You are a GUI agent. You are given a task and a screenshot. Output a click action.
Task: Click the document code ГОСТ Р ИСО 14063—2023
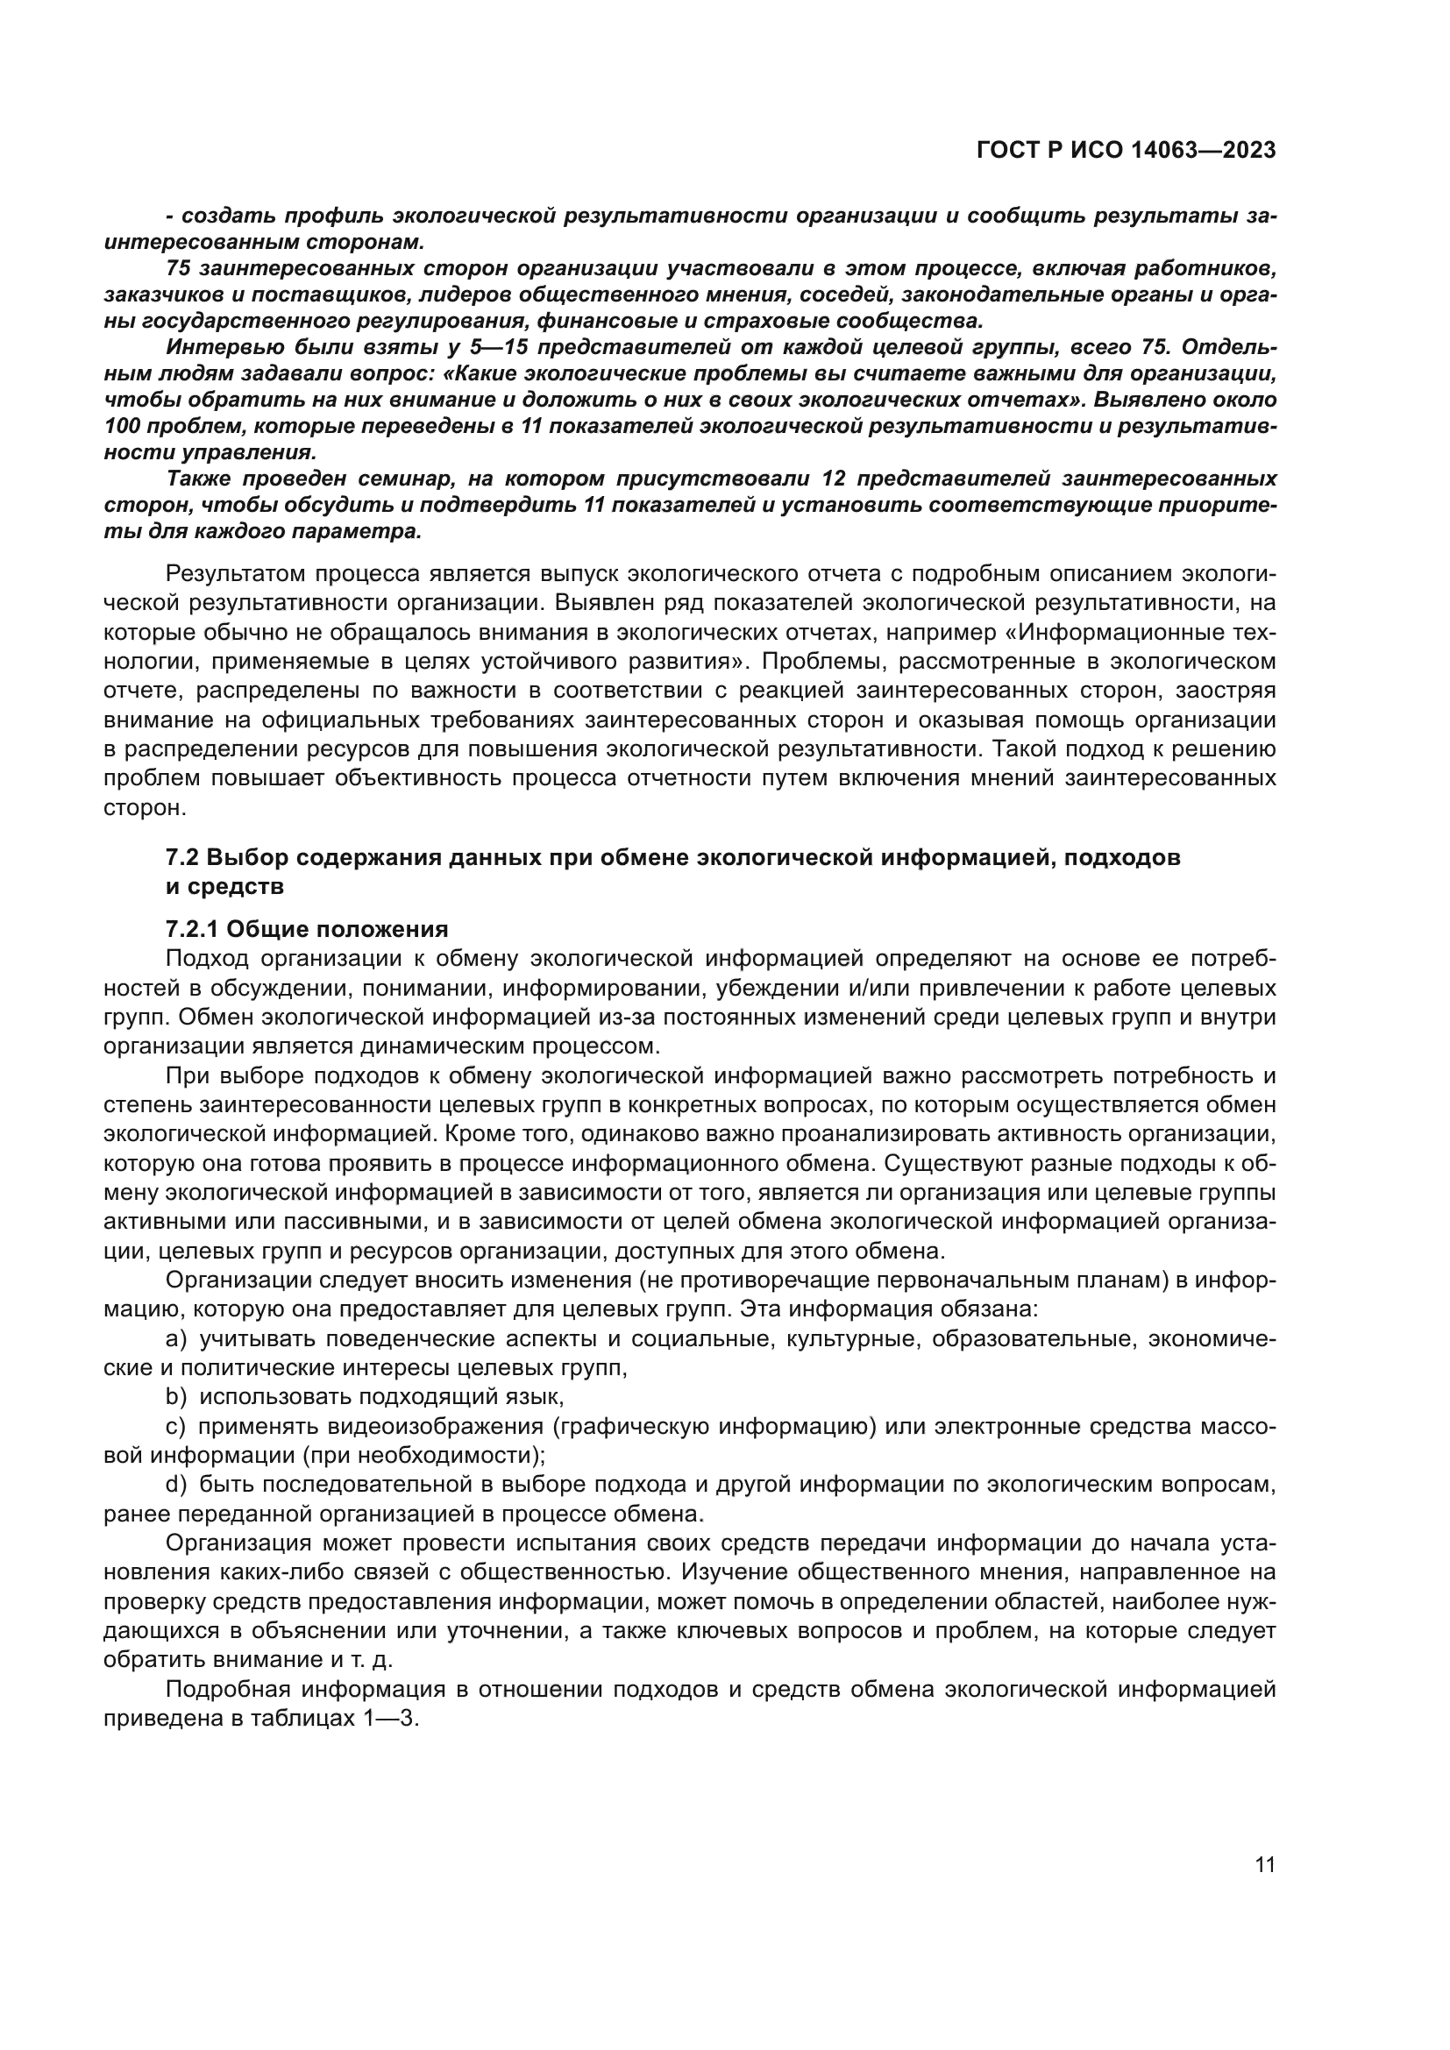(1126, 150)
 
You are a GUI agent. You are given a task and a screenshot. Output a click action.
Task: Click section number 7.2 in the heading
(182, 857)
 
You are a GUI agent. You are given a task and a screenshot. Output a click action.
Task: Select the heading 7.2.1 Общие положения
(306, 929)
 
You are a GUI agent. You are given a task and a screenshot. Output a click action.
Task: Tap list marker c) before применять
(175, 1427)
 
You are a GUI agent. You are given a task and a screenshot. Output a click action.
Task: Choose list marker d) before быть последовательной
(176, 1485)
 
